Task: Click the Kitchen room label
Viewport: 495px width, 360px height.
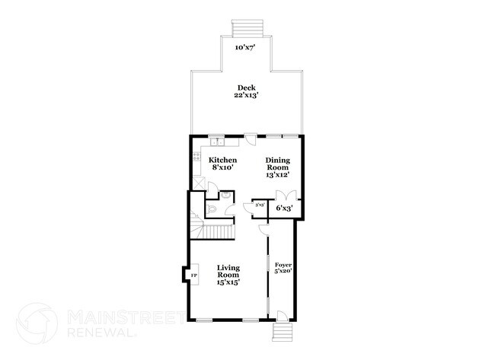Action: tap(222, 160)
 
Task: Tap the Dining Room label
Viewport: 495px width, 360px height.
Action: tap(277, 165)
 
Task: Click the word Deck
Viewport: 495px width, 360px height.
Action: tap(244, 87)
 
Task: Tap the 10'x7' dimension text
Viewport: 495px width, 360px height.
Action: tap(245, 47)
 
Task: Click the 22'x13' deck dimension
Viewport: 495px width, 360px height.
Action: tap(244, 96)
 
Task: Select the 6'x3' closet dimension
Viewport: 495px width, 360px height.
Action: tap(284, 207)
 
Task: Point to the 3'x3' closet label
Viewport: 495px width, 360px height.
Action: tap(259, 205)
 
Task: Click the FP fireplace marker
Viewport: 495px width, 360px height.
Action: tap(193, 275)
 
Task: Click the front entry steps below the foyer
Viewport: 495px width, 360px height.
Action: tap(283, 333)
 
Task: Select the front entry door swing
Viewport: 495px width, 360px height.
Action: tap(281, 314)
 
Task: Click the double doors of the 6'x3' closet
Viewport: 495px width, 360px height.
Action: tap(284, 216)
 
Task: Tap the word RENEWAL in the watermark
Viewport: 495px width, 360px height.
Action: tap(98, 333)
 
